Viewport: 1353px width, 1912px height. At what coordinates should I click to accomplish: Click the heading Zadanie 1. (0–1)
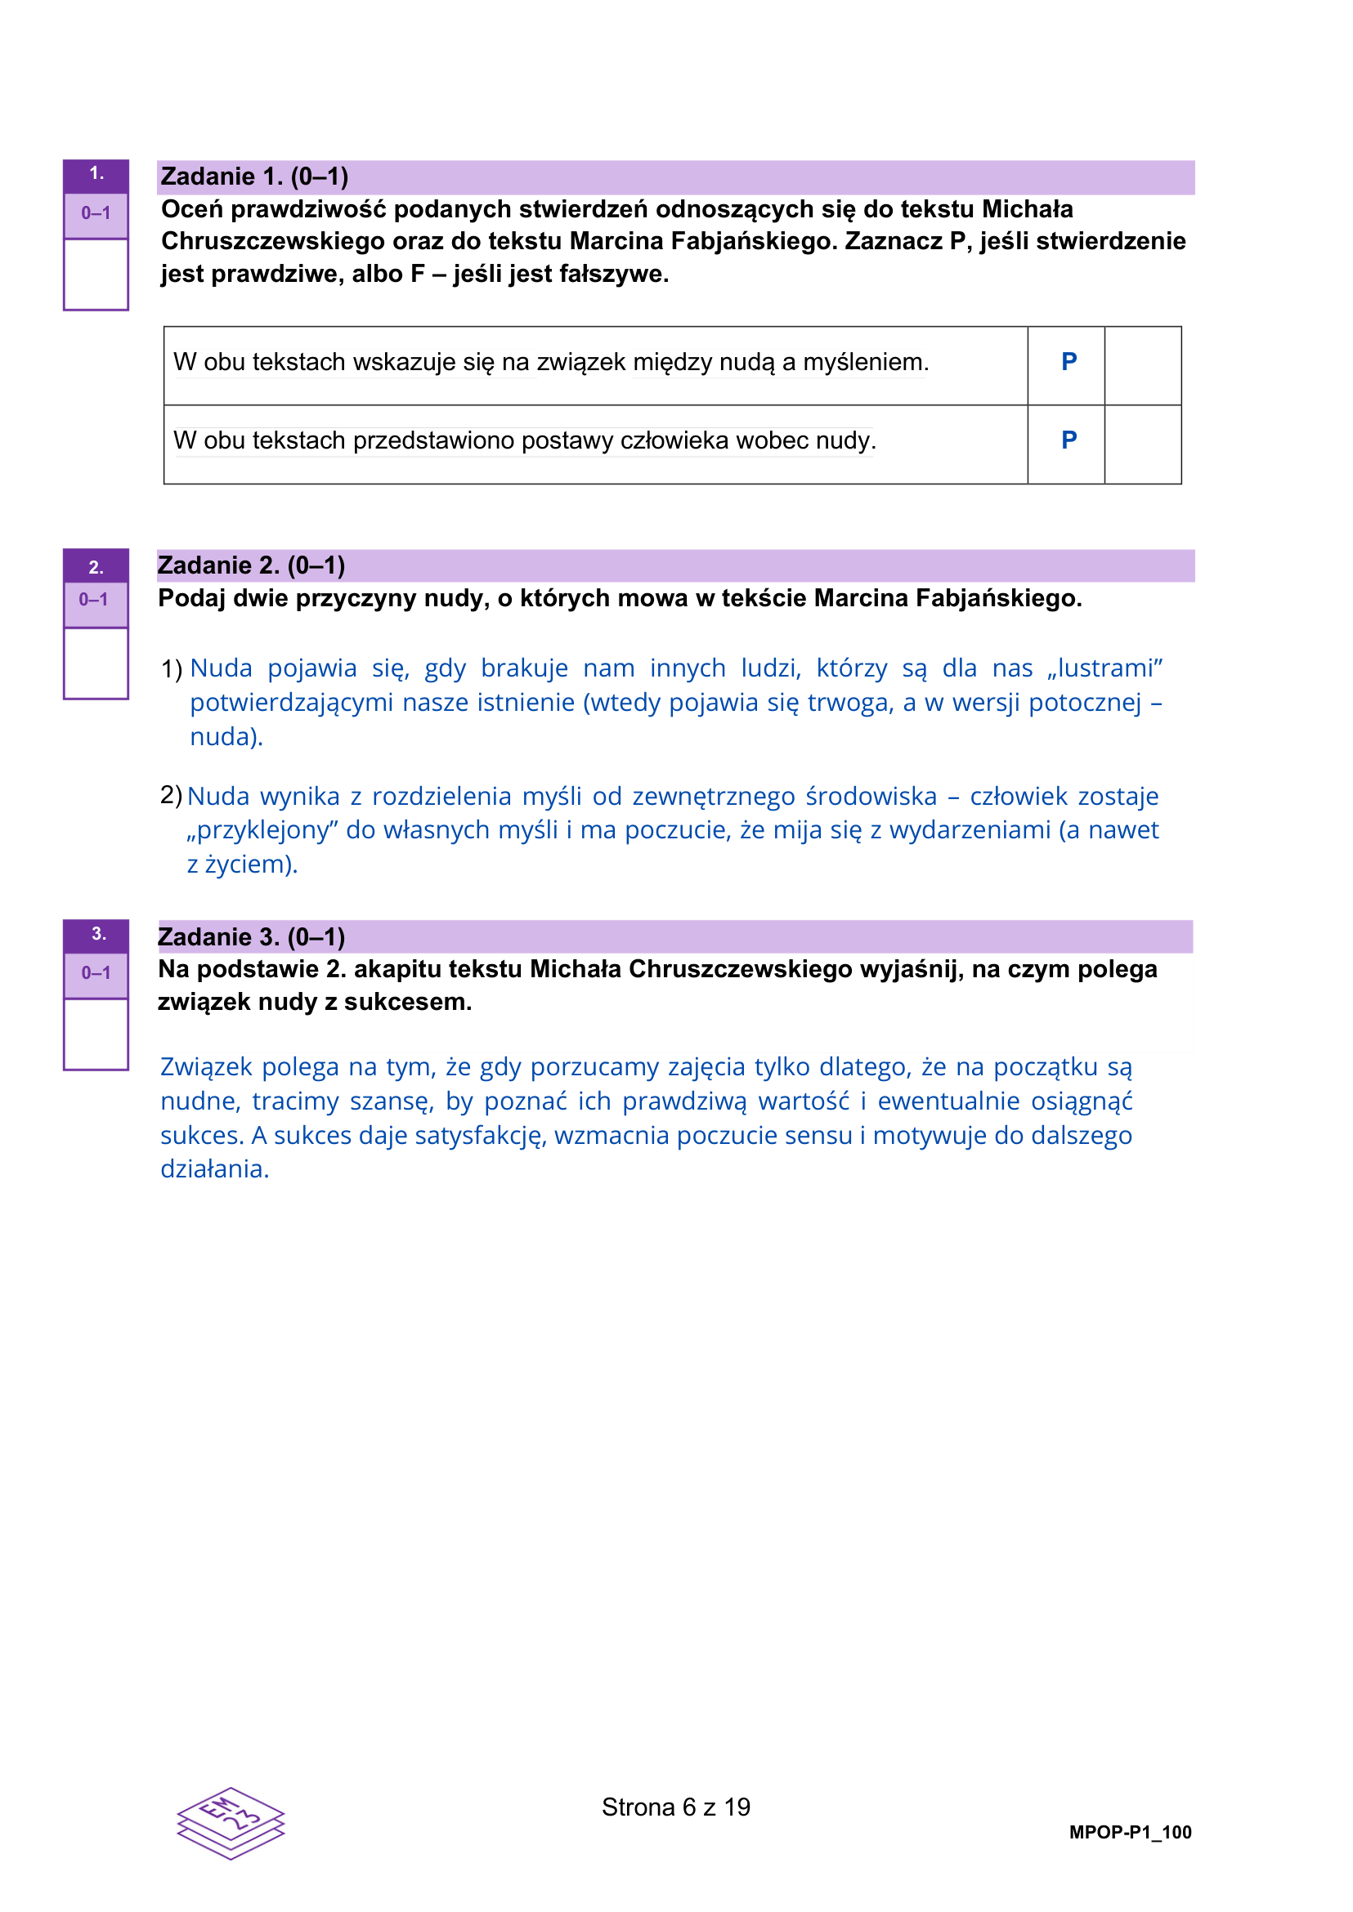click(x=254, y=176)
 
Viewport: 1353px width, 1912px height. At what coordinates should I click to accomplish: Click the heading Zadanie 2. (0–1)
click(x=251, y=565)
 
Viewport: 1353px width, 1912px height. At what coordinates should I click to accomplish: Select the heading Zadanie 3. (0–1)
click(x=251, y=937)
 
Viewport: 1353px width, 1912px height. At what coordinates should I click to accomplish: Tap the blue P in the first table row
click(x=1069, y=362)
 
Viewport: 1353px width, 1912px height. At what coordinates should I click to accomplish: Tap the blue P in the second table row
click(x=1069, y=440)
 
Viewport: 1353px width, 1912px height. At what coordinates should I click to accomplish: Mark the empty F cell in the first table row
click(x=1142, y=365)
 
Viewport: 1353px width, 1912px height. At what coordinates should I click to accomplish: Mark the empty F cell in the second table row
click(x=1142, y=444)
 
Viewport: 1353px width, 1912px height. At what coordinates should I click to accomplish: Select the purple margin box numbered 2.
click(x=96, y=567)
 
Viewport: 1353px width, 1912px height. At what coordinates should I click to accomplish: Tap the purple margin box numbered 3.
click(x=96, y=935)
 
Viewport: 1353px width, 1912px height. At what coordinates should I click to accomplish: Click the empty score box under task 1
click(x=96, y=275)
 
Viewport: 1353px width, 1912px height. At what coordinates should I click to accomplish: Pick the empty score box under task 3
click(x=96, y=1034)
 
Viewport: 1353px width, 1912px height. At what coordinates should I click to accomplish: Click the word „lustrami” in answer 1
click(x=1104, y=668)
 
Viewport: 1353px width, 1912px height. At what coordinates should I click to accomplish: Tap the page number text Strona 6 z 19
click(x=675, y=1807)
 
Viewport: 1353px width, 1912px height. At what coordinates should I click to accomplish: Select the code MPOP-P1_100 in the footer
click(x=1130, y=1832)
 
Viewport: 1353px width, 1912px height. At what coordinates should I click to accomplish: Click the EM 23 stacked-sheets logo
click(x=231, y=1823)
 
